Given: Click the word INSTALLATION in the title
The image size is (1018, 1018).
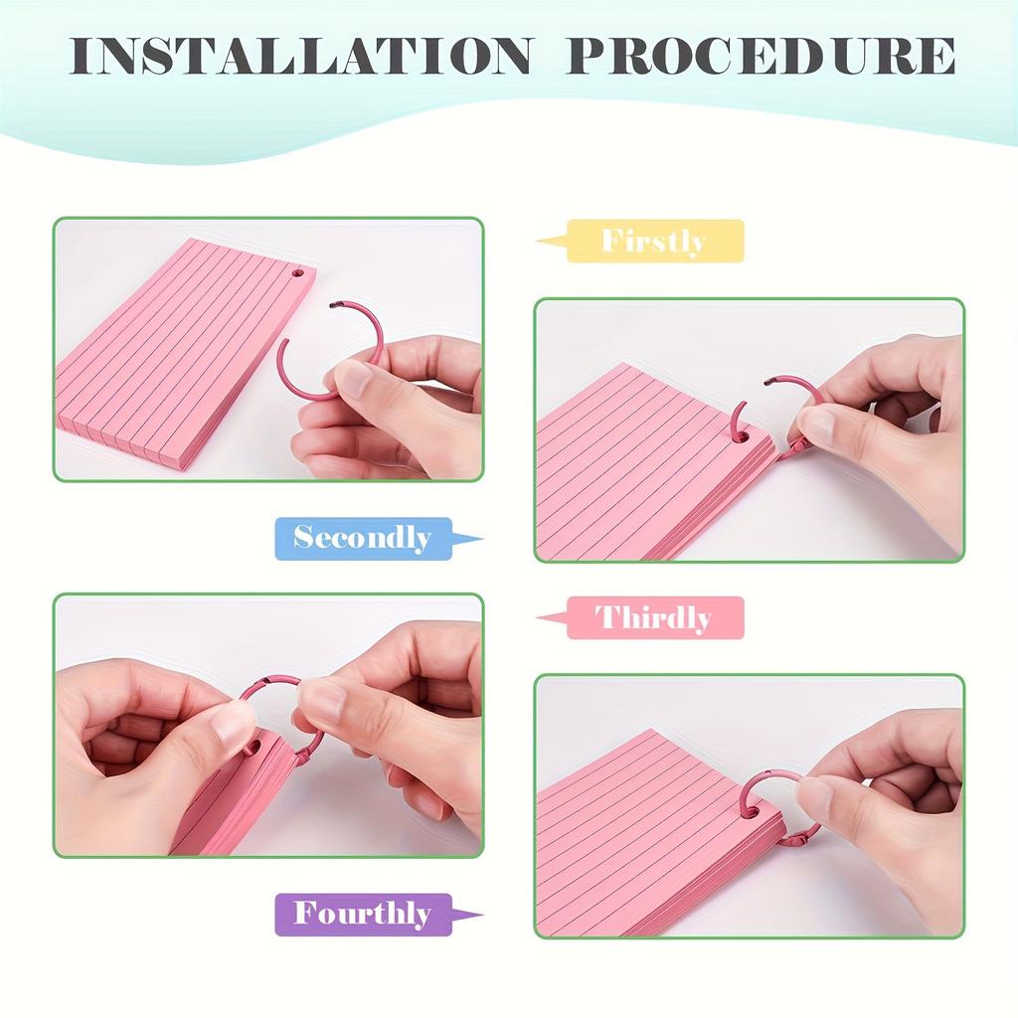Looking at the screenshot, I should point(301,57).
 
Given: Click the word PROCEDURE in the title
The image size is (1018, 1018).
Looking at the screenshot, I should point(761,57).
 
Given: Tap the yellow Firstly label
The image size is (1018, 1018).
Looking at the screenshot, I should point(654,242).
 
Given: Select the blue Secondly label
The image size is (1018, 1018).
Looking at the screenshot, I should point(363,539).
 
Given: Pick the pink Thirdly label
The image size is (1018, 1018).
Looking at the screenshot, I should point(654,618).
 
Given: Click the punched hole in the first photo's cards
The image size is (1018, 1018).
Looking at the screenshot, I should point(296,273).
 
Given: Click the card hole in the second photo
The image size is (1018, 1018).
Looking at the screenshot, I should point(740,434).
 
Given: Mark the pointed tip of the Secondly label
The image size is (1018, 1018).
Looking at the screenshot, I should point(480,541).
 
